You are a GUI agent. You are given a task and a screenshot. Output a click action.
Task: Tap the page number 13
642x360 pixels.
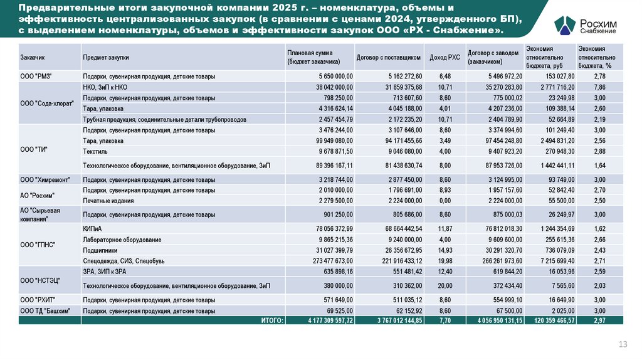(x=623, y=344)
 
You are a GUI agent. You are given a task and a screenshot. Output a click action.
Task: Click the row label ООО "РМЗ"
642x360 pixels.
(x=36, y=77)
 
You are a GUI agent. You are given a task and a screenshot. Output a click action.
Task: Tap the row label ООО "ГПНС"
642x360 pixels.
(x=38, y=245)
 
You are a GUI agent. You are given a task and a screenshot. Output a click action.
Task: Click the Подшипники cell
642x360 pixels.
(x=100, y=250)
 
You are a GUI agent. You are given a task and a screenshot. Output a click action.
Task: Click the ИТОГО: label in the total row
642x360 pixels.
(x=272, y=320)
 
